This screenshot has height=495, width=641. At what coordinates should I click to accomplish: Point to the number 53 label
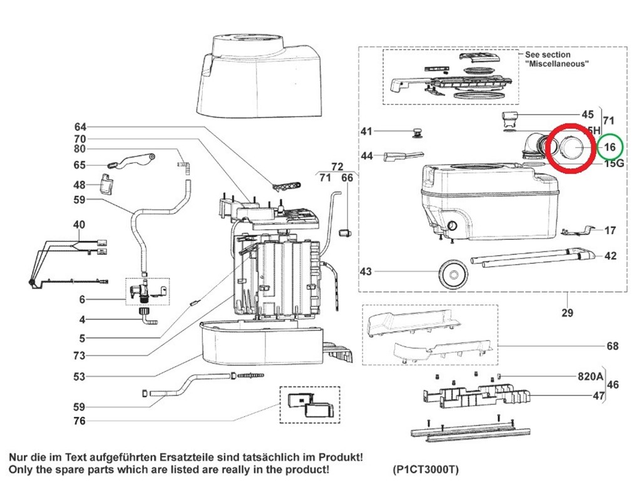coord(79,377)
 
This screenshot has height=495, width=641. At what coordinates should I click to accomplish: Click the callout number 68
coord(612,346)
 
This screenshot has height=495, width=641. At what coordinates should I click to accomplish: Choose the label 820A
coord(588,377)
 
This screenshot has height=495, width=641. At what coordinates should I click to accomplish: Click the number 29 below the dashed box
coord(567,313)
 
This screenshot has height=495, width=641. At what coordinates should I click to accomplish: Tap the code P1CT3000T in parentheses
coord(426,469)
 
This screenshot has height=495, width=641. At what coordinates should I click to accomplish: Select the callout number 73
coord(79,355)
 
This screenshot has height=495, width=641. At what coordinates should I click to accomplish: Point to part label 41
coord(366,131)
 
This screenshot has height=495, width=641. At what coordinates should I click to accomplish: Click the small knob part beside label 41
coord(415,131)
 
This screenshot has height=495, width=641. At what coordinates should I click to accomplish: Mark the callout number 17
coord(610,230)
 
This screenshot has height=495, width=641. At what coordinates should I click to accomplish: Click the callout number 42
coord(610,256)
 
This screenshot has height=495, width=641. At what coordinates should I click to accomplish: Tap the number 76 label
coord(79,421)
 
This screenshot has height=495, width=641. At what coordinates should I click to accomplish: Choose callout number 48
coord(79,185)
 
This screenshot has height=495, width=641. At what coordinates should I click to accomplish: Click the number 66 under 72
coord(347,178)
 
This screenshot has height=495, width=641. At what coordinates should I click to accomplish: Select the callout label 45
coord(587,115)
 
